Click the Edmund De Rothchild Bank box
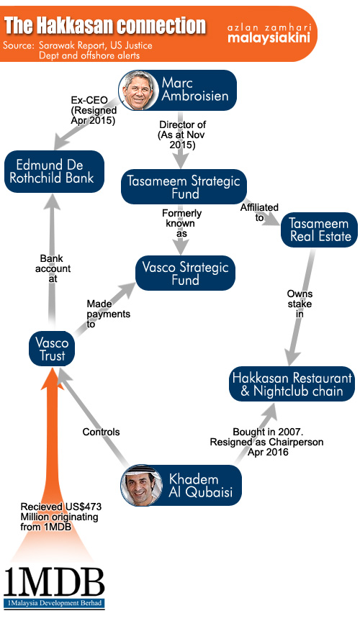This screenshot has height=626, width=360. tap(54, 172)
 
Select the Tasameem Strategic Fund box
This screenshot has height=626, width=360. tap(184, 187)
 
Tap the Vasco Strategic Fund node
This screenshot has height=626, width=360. tap(185, 273)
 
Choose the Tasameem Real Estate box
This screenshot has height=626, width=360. tap(320, 230)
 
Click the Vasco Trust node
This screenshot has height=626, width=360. tap(52, 348)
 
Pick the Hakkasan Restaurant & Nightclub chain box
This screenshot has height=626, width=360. tap(292, 384)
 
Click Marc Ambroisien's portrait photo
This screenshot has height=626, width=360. tap(138, 91)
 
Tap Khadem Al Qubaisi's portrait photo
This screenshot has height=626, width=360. tap(141, 484)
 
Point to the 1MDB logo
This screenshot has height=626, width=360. tap(54, 589)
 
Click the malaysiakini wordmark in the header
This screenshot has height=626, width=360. tap(269, 38)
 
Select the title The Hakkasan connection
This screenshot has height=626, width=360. tap(105, 26)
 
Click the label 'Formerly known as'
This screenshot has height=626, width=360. tap(181, 224)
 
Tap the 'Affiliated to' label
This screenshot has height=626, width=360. tap(259, 212)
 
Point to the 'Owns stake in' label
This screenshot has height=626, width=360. tap(300, 304)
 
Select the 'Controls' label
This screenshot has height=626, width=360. tap(101, 432)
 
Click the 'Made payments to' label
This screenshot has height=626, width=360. tap(108, 314)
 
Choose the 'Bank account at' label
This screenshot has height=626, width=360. tap(53, 268)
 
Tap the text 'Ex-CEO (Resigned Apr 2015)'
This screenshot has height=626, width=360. tap(94, 110)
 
